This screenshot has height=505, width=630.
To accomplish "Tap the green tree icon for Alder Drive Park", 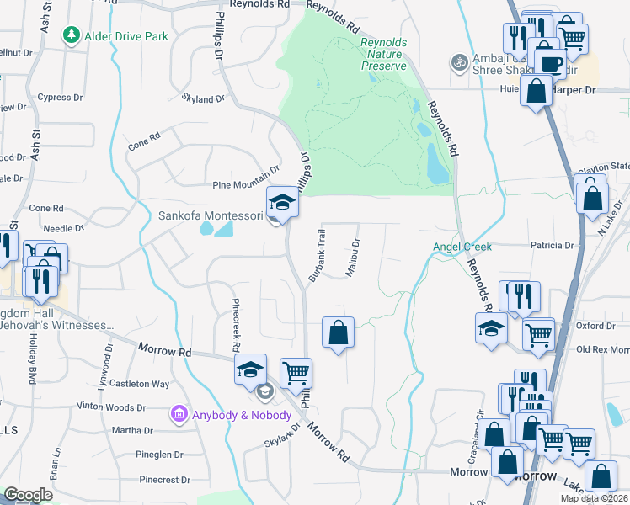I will [72, 36].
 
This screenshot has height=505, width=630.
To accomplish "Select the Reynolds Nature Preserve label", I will [382, 54].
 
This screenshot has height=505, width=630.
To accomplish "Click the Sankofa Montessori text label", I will [210, 215].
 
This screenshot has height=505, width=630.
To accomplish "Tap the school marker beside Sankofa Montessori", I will [282, 202].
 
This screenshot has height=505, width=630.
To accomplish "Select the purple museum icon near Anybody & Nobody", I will [179, 414].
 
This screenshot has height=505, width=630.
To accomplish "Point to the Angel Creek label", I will [461, 247].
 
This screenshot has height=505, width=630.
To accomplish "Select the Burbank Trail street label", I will [316, 256].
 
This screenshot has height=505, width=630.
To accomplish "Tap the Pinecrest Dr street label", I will [165, 480].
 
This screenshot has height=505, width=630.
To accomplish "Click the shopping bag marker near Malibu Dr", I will [338, 332].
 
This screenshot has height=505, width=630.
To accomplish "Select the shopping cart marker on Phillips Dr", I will [296, 373].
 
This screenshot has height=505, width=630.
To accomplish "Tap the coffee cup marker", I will [551, 63].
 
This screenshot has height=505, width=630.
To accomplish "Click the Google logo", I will [28, 495].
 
